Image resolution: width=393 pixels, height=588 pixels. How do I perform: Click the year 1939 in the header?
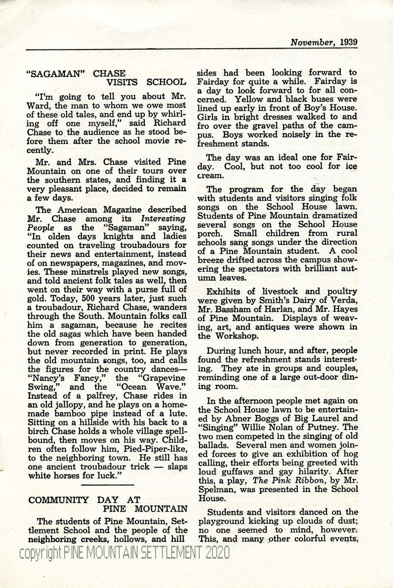348,42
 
